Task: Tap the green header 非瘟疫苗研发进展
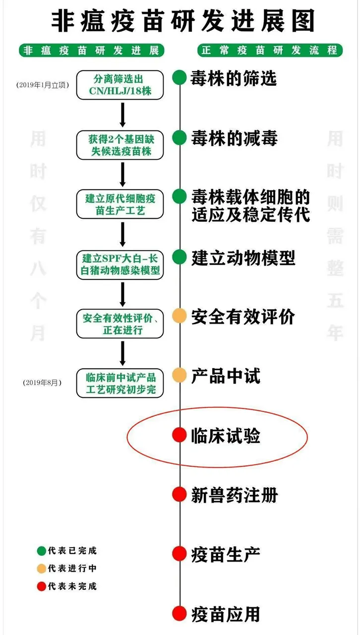[x=91, y=51]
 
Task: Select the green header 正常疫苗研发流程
[x=270, y=51]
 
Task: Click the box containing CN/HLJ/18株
[x=120, y=85]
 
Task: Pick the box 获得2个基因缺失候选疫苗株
[x=120, y=144]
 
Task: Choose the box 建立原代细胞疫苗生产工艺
[x=120, y=204]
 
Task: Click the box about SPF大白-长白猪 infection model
[x=120, y=264]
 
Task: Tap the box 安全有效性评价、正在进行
[x=120, y=323]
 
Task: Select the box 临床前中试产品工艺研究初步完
[x=120, y=383]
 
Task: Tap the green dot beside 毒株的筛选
[x=179, y=78]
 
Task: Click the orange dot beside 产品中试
[x=179, y=376]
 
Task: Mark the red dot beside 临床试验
[x=179, y=435]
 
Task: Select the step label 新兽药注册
[x=234, y=495]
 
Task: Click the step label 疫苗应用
[x=226, y=614]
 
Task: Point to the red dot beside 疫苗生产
[x=179, y=553]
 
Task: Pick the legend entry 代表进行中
[x=67, y=569]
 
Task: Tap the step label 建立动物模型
[x=243, y=257]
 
